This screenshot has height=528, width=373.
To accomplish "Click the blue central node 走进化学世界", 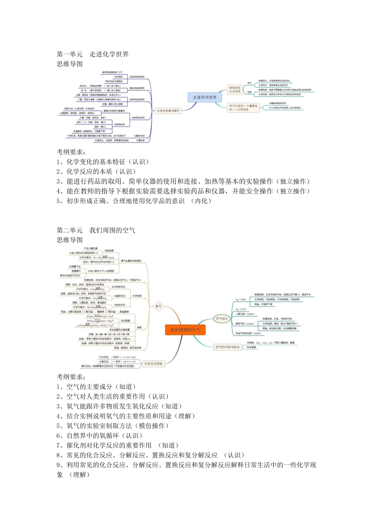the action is tap(205, 97).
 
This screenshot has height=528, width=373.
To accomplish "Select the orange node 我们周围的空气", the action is tap(185, 330).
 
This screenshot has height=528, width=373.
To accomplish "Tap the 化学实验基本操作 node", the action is tap(168, 111).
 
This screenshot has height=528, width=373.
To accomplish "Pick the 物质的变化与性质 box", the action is tap(235, 90).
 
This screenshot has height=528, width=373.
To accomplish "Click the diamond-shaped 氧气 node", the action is tap(159, 306).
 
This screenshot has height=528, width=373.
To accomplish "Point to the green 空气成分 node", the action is tap(222, 319).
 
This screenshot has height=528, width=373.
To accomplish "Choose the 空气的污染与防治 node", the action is tap(227, 347).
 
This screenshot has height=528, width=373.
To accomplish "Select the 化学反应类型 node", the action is tap(153, 364).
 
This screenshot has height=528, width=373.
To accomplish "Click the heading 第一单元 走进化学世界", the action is tap(93, 54).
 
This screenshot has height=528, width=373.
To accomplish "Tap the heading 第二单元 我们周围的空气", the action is tap(96, 230).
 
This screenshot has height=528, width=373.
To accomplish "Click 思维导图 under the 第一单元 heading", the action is tap(69, 64).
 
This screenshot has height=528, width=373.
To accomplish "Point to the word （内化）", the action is tap(201, 201).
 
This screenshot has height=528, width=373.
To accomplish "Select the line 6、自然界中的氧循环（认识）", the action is tap(100, 436).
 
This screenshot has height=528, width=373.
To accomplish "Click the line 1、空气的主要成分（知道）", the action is tap(97, 387).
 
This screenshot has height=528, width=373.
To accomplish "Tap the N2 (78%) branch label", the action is tap(241, 300).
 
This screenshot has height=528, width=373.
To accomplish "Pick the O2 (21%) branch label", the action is tap(240, 310).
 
